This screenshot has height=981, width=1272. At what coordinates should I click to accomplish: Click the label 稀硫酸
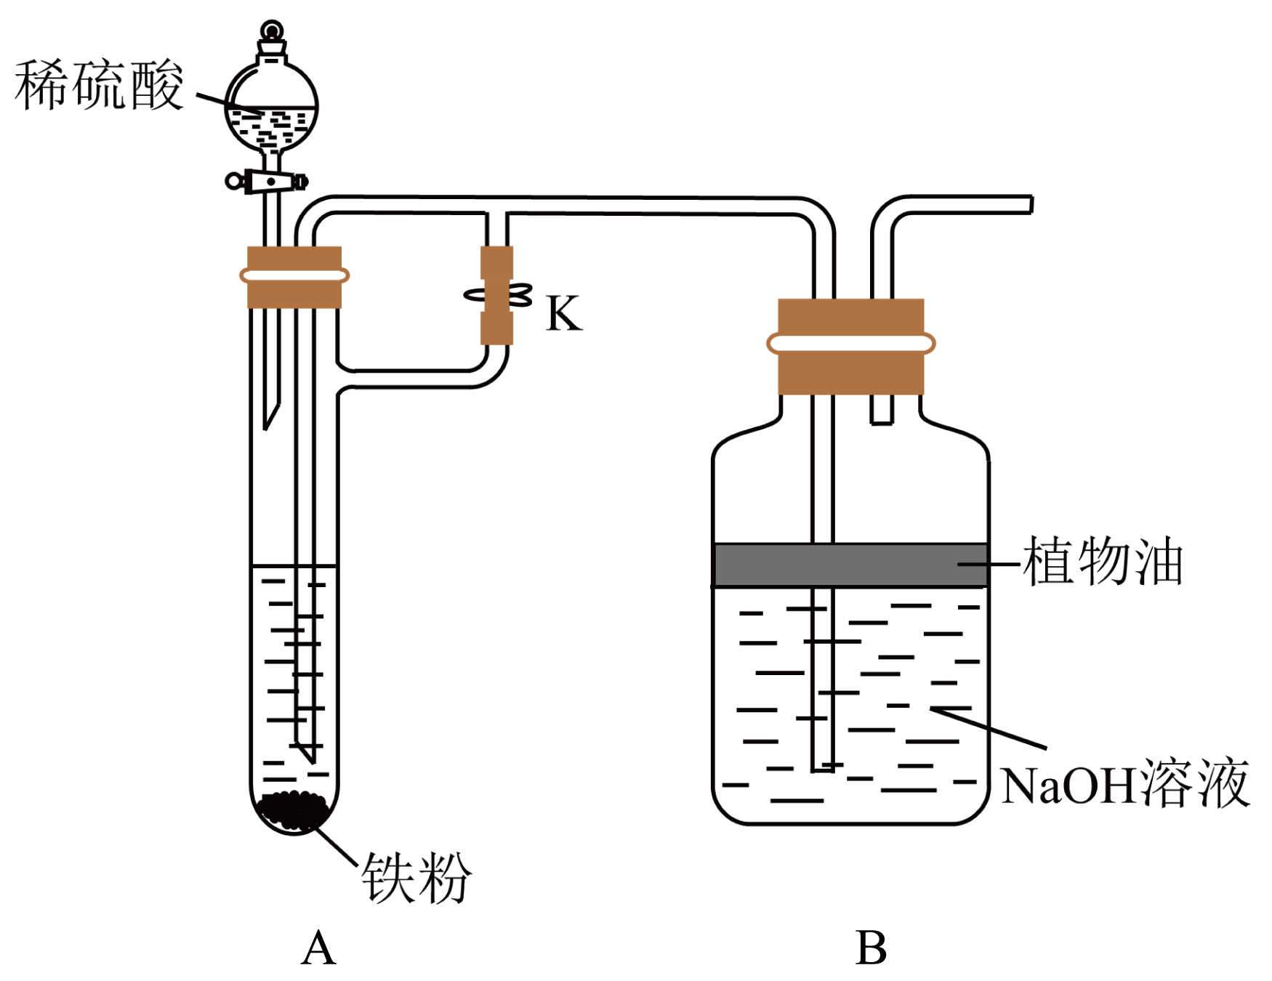99,86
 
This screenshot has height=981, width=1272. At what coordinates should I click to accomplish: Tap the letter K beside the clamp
564,314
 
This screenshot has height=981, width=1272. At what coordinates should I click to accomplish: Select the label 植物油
1103,561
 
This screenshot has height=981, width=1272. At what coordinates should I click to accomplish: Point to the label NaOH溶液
1125,783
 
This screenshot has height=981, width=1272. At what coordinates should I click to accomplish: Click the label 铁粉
416,877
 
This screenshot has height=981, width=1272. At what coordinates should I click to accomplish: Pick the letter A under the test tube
318,948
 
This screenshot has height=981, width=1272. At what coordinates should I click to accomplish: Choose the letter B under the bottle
871,948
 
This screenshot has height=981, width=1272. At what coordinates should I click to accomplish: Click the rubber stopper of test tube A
294,277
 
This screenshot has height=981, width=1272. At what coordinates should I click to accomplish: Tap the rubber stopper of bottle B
850,346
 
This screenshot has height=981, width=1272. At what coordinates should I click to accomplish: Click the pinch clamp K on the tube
497,296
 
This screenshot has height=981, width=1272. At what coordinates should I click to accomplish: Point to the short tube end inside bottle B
882,420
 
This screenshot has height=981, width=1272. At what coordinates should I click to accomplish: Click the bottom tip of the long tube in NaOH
822,767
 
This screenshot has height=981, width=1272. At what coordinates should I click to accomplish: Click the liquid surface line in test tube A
294,565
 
